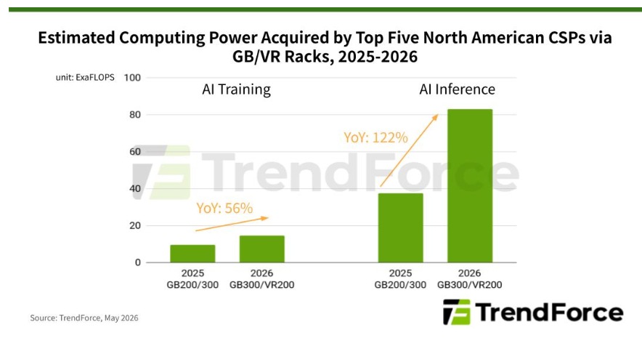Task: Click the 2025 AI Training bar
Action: pyautogui.click(x=192, y=254)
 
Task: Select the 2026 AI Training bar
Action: pyautogui.click(x=262, y=249)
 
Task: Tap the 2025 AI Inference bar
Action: pyautogui.click(x=400, y=228)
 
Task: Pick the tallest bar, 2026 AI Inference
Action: pyautogui.click(x=470, y=185)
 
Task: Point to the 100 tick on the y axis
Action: pyautogui.click(x=132, y=78)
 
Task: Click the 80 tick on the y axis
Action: pyautogui.click(x=134, y=115)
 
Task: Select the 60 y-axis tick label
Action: pyautogui.click(x=134, y=152)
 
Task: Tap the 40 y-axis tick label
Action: pyautogui.click(x=134, y=188)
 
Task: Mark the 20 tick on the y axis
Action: pyautogui.click(x=134, y=225)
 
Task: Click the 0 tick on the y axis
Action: pyautogui.click(x=137, y=262)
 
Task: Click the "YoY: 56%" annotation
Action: pyautogui.click(x=224, y=209)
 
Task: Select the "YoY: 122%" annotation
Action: pyautogui.click(x=375, y=137)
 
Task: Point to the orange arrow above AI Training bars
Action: pyautogui.click(x=232, y=224)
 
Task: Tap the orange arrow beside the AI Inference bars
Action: pyautogui.click(x=409, y=150)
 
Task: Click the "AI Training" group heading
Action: pyautogui.click(x=236, y=89)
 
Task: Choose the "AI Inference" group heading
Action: pyautogui.click(x=457, y=89)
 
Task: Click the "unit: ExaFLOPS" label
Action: pyautogui.click(x=85, y=78)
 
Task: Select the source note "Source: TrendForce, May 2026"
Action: pyautogui.click(x=84, y=318)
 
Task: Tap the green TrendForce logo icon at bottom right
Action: pyautogui.click(x=456, y=312)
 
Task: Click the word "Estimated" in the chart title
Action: pyautogui.click(x=76, y=38)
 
